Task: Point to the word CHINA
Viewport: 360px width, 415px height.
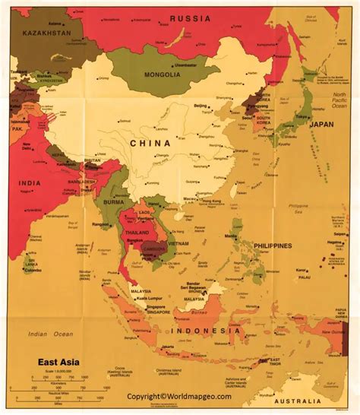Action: (x=150, y=142)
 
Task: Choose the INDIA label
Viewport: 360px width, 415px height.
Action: (x=31, y=182)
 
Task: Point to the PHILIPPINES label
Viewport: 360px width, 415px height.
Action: (x=272, y=246)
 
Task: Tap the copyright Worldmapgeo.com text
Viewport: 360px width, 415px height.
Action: (x=180, y=396)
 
